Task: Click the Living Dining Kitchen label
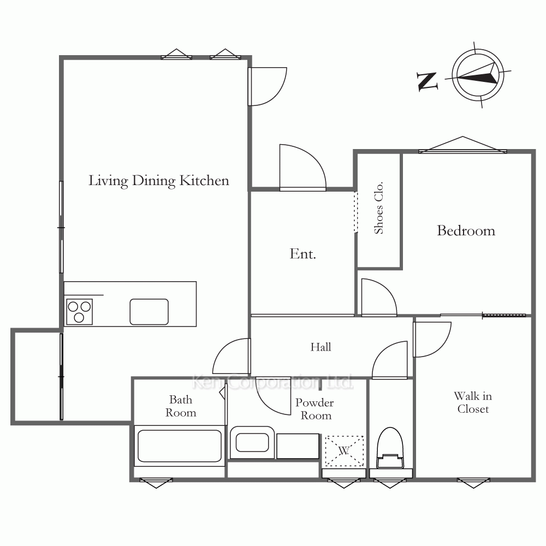(x=159, y=181)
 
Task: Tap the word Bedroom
(x=466, y=230)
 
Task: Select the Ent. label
(x=302, y=254)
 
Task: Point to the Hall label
(x=321, y=347)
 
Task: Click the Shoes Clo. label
(x=378, y=207)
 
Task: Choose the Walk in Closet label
(x=473, y=402)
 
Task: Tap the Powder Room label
(x=315, y=409)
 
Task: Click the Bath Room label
(x=181, y=406)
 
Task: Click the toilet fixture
(x=390, y=448)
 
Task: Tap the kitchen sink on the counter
(x=149, y=312)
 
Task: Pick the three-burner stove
(x=79, y=312)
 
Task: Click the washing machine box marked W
(x=344, y=451)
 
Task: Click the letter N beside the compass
(x=428, y=81)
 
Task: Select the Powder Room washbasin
(x=252, y=443)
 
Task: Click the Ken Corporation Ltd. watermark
(x=272, y=382)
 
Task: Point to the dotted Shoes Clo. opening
(x=355, y=212)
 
